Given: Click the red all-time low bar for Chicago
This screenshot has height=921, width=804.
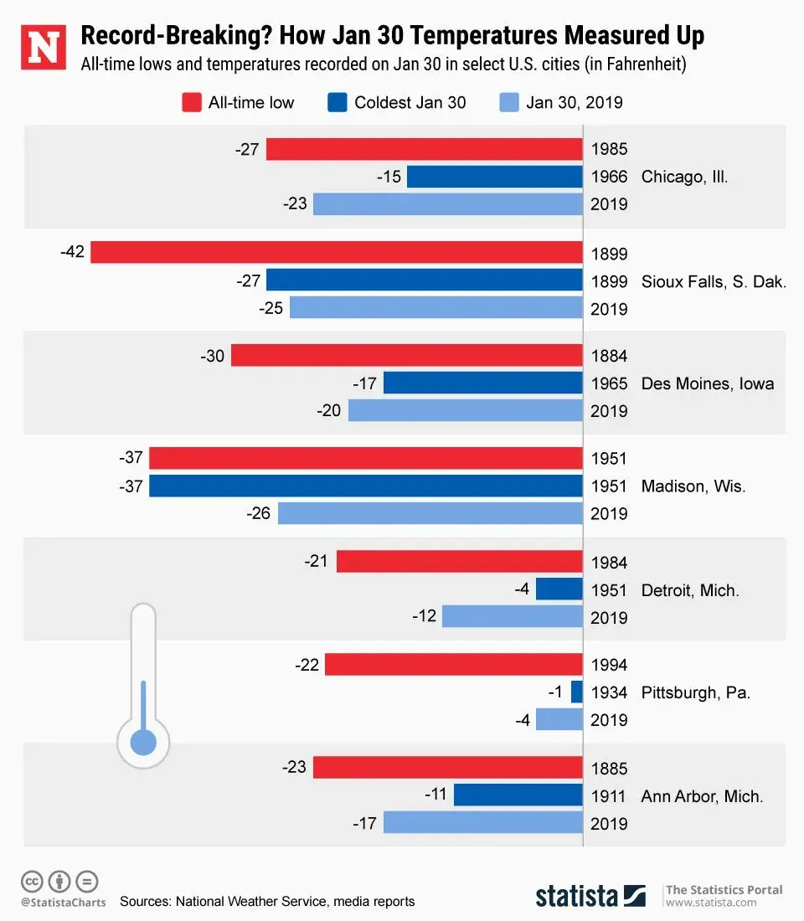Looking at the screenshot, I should point(424,150).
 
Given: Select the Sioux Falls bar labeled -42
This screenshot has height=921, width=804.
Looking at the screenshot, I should point(336,252).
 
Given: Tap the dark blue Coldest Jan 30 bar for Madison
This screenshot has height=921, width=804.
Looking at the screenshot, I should point(365,486).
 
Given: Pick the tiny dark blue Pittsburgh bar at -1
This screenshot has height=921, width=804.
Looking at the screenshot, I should point(576,692).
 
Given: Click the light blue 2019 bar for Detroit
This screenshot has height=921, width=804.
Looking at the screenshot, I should point(512,616).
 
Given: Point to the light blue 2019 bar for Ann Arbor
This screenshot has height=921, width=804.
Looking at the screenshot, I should point(482,822).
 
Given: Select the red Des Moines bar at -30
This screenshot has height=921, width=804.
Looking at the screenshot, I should point(406,356).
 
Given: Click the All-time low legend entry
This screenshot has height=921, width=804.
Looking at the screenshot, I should point(239,103).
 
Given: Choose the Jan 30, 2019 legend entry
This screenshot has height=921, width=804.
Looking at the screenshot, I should point(561,103).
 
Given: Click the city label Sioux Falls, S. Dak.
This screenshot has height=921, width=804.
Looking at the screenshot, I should point(714,281).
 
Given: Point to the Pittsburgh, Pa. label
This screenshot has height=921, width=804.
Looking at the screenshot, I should point(695,692).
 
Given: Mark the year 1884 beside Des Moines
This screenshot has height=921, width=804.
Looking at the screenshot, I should point(609,356).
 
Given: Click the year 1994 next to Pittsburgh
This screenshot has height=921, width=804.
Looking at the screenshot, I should point(609,665).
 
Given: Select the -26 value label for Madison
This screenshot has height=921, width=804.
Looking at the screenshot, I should point(259,512).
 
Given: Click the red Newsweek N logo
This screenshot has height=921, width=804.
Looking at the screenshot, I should point(43,48).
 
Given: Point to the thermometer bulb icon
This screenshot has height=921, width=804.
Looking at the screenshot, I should point(143,742).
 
